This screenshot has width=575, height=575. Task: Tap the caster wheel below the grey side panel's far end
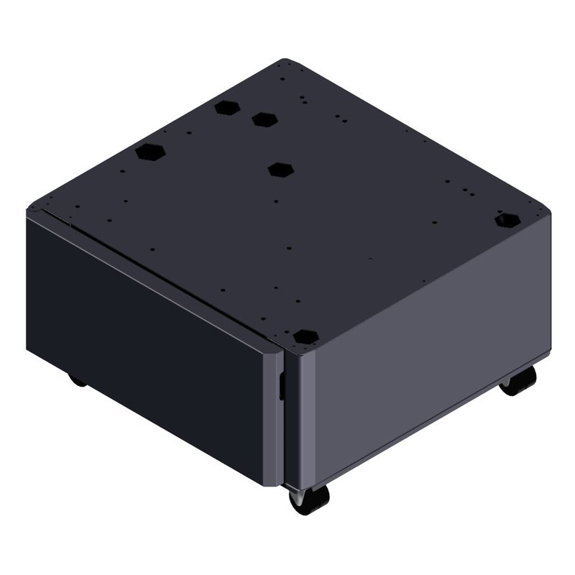click(x=519, y=381)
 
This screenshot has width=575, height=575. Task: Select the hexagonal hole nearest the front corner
click(x=306, y=336)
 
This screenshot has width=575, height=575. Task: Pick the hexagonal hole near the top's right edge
click(x=507, y=219)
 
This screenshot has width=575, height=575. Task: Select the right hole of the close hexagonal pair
click(x=264, y=118)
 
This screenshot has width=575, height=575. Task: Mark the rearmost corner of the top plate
click(x=285, y=60)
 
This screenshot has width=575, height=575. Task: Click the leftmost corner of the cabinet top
click(x=29, y=210)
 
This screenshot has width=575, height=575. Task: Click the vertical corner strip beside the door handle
click(x=290, y=417)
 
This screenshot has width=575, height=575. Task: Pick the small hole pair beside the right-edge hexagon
click(x=467, y=192)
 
